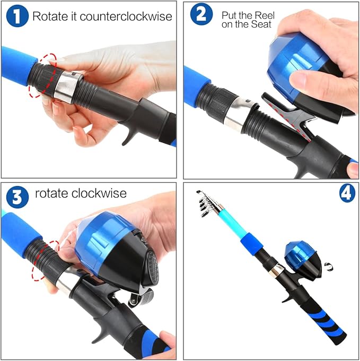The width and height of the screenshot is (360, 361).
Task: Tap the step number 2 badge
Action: tap(201, 14)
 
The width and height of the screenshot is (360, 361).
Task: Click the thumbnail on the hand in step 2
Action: tap(300, 80)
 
